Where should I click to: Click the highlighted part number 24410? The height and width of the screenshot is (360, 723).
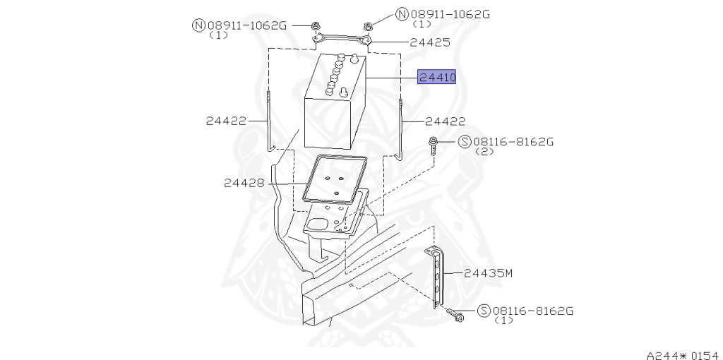click(x=437, y=77)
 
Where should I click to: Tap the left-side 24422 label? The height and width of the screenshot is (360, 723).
click(x=226, y=121)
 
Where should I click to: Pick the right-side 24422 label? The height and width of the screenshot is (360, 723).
click(x=446, y=121)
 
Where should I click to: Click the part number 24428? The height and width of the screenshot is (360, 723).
click(x=244, y=183)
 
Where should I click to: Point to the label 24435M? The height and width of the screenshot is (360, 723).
click(x=488, y=272)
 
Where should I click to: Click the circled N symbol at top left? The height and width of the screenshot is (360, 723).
click(x=198, y=25)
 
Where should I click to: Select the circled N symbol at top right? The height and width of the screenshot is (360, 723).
click(x=402, y=13)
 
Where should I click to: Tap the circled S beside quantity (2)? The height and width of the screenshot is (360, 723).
click(x=465, y=142)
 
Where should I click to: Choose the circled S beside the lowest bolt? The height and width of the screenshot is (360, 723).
click(x=484, y=311)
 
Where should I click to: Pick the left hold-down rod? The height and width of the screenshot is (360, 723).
click(x=269, y=124)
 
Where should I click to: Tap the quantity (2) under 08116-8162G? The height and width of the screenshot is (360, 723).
click(x=484, y=152)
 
